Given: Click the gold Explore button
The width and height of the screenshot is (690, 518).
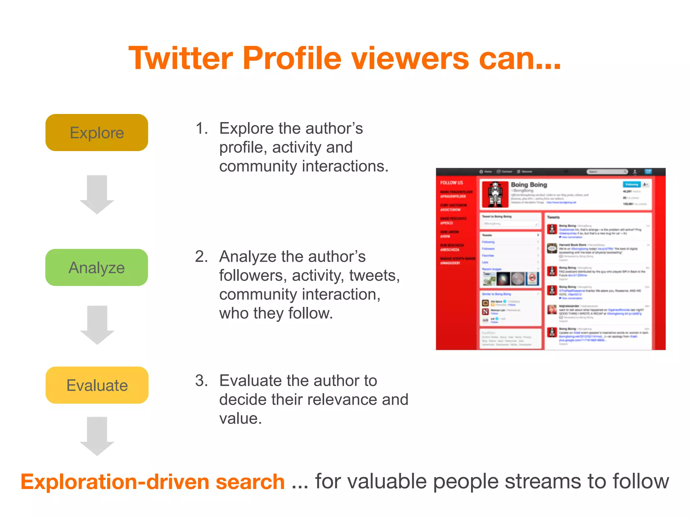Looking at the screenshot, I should click(97, 133).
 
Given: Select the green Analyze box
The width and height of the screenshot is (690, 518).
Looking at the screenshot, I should click(97, 267).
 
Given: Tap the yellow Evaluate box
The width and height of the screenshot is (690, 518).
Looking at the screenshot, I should click(97, 385).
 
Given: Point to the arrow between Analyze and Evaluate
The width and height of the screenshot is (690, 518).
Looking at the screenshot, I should click(97, 324).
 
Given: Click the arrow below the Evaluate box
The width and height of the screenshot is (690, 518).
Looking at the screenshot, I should click(97, 436).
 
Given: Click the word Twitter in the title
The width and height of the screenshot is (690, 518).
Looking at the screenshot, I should click(181, 58).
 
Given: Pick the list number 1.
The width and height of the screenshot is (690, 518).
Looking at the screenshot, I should click(201, 128).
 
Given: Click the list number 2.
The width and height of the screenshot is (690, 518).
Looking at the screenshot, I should click(201, 257).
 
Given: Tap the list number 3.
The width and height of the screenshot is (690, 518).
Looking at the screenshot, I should click(201, 381).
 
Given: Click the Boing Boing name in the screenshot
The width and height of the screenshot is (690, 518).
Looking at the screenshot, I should click(529, 185).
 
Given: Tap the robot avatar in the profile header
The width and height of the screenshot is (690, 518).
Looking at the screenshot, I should click(495, 194).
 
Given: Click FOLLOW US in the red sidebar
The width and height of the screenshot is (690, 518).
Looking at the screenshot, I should click(451, 183).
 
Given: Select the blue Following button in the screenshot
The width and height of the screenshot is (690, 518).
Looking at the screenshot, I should click(631, 184).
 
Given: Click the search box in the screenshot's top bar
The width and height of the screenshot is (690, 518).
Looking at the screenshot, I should click(607, 172).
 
